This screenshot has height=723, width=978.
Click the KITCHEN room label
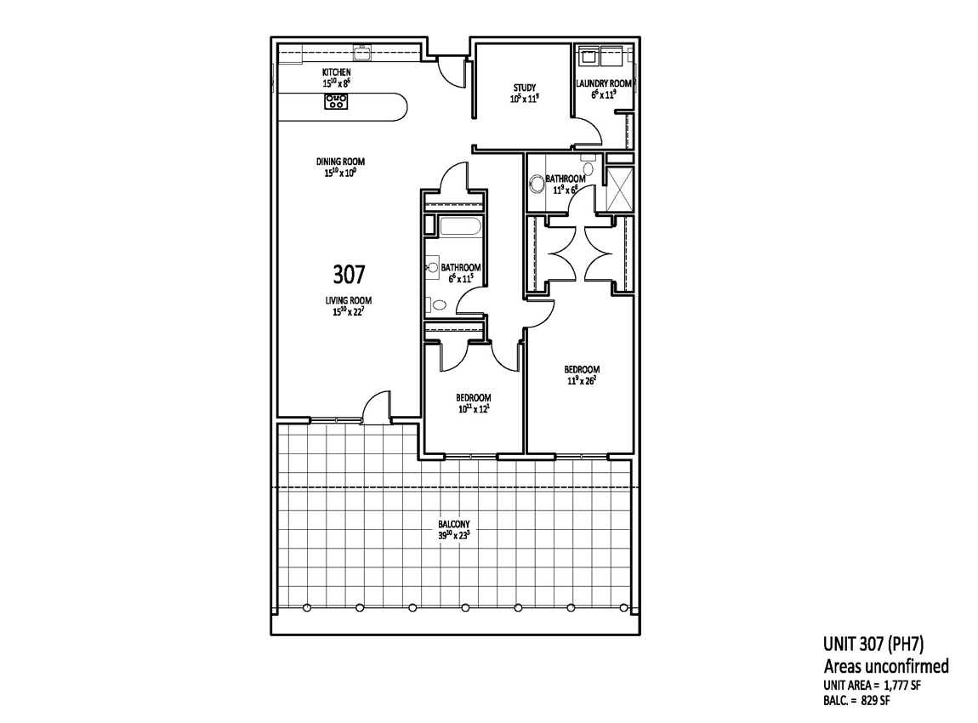coord(336,72)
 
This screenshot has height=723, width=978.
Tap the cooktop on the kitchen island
coord(336,101)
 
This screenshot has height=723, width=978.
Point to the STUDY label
coord(525,88)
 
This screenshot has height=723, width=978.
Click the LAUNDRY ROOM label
coord(604,83)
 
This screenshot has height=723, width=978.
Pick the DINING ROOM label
coord(340,162)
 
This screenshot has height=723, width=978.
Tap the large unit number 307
coord(349,274)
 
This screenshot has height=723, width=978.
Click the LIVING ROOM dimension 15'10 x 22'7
coord(348,311)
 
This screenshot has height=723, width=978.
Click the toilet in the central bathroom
coord(438,305)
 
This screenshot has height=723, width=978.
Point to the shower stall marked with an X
coord(620,188)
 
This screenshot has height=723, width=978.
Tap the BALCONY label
coord(454,525)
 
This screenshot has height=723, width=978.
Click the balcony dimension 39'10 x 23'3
coord(454,535)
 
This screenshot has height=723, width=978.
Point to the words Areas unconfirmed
coord(886,666)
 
